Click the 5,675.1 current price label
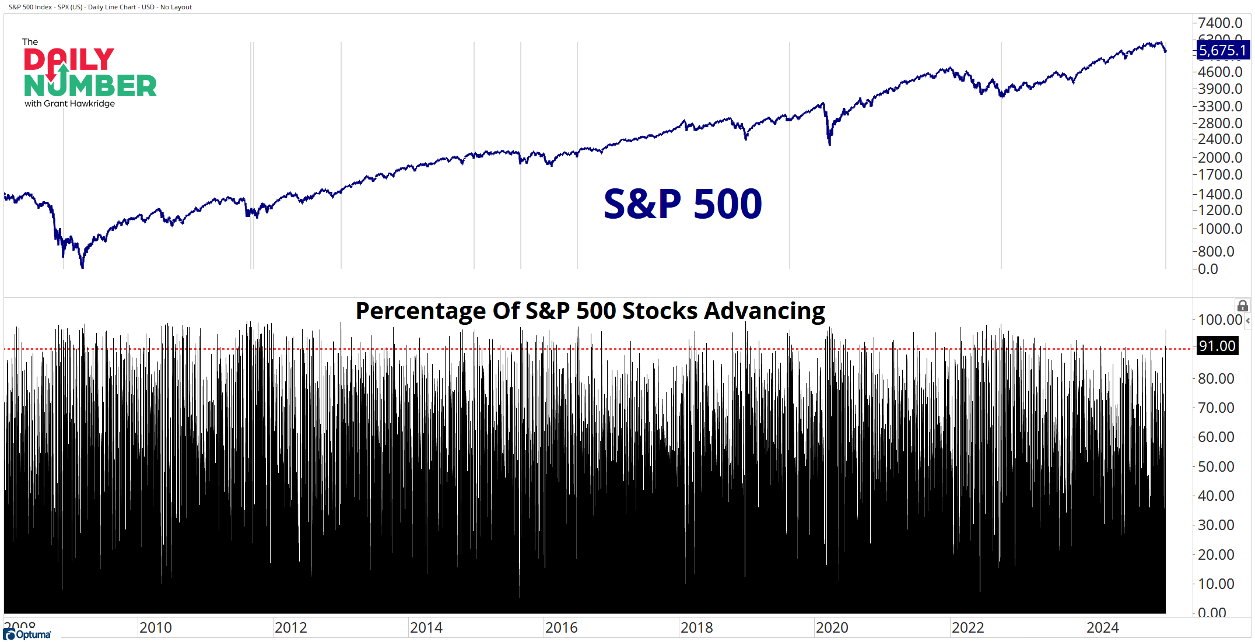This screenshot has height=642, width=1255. (1222, 51)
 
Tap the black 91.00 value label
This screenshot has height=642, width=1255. (1217, 346)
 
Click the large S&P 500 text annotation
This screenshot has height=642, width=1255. (682, 204)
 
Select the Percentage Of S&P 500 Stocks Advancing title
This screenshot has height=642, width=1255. (590, 311)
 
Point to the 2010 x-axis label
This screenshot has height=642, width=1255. (156, 628)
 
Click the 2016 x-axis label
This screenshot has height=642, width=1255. (562, 628)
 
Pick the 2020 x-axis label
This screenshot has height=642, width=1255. (832, 628)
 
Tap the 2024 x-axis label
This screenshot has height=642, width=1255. (1103, 628)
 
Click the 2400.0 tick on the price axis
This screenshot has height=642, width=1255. (1220, 139)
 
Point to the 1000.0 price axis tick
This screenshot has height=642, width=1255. (1220, 229)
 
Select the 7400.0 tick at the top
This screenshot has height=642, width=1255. (1220, 23)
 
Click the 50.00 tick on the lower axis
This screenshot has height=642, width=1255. (1216, 467)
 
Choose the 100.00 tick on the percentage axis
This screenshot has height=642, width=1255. (1219, 320)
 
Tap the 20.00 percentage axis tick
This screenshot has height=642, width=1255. (1216, 555)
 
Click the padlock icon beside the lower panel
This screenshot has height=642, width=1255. (1243, 306)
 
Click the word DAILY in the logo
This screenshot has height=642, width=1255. (69, 60)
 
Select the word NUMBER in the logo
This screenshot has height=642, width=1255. (90, 86)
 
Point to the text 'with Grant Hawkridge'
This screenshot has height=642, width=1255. (70, 104)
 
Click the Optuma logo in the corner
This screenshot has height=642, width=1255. (27, 634)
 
